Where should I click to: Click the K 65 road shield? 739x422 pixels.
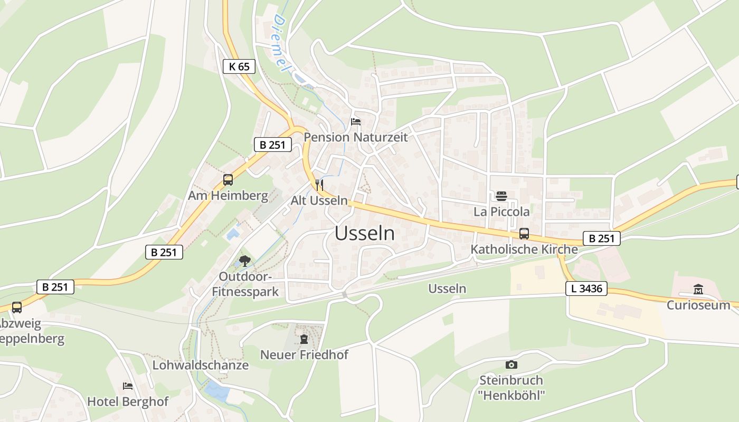click(x=239, y=66)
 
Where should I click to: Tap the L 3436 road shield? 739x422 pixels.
click(x=586, y=289)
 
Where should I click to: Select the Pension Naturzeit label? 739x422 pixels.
click(x=356, y=137)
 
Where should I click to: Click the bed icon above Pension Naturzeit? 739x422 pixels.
click(x=356, y=122)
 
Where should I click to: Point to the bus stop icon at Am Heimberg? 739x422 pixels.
click(x=228, y=180)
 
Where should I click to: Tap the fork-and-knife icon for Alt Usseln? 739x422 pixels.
click(x=319, y=185)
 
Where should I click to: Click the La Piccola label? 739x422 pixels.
click(x=501, y=212)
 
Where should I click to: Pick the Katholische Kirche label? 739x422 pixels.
click(x=524, y=249)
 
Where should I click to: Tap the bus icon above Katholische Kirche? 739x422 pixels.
click(x=524, y=234)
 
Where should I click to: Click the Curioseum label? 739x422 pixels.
click(x=698, y=305)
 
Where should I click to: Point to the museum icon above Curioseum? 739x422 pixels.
click(x=698, y=290)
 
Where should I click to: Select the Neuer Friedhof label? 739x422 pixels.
click(x=304, y=354)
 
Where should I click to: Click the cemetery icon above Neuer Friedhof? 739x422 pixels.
click(x=304, y=339)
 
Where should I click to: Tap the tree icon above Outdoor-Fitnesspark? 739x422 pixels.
click(x=244, y=260)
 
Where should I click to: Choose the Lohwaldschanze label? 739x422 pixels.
click(x=201, y=365)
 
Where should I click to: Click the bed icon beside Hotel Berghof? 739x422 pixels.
click(x=128, y=386)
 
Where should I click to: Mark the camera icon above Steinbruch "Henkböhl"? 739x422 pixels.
click(x=510, y=365)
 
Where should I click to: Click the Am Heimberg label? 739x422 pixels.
click(x=228, y=196)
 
